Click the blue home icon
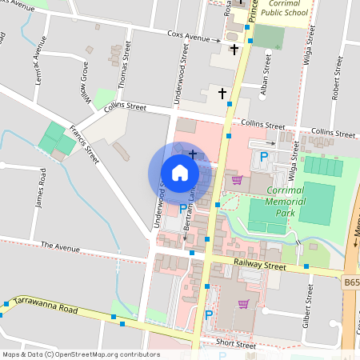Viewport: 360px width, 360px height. click(x=180, y=173)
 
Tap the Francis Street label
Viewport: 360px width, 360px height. click(x=83, y=144)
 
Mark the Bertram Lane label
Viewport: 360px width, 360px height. click(x=190, y=214)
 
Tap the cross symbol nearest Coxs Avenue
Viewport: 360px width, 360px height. click(x=234, y=50)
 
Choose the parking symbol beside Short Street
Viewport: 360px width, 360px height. click(x=209, y=316)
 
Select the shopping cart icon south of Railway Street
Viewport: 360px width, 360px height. click(x=243, y=303)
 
